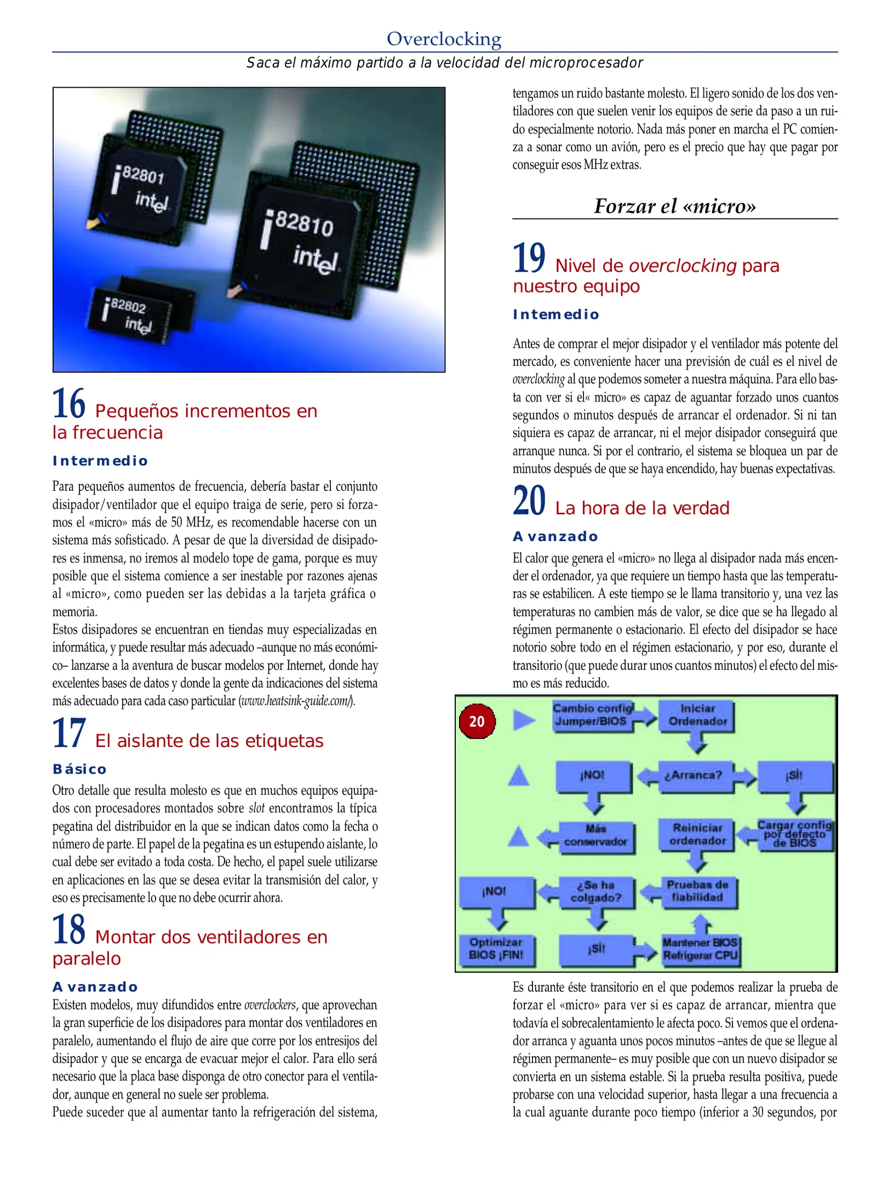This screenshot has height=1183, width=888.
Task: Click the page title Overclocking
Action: coord(444,39)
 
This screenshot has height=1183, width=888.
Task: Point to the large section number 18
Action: coord(69,929)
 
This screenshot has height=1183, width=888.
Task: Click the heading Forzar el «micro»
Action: coord(675,206)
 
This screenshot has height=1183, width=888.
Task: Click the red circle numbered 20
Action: coord(477,721)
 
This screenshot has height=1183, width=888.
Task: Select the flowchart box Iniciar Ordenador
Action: coord(697,715)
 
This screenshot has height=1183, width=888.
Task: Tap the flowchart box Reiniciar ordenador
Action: coord(697,834)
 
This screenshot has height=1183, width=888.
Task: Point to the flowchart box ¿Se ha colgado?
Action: coord(596,892)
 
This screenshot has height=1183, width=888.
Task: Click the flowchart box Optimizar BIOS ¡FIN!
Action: coord(496,949)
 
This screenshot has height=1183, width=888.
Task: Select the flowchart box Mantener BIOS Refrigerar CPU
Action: coord(700,949)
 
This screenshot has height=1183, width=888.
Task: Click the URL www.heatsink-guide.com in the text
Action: coord(296,700)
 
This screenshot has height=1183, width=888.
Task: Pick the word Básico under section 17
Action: coord(79,769)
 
